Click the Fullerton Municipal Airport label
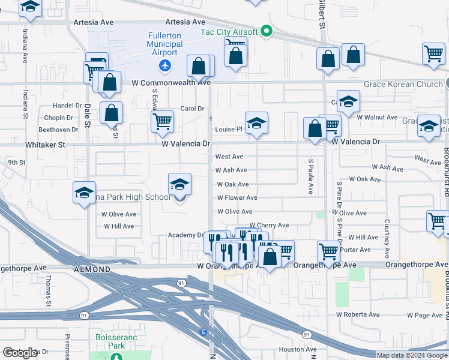point(164,44)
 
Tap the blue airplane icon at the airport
point(164,64)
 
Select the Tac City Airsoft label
point(229,31)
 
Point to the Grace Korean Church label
point(402,84)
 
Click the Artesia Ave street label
point(93,22)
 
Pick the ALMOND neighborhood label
point(92,270)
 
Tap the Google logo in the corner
point(20,353)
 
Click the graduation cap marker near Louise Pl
point(256,123)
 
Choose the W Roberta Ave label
point(358,314)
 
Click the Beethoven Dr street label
point(58,129)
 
